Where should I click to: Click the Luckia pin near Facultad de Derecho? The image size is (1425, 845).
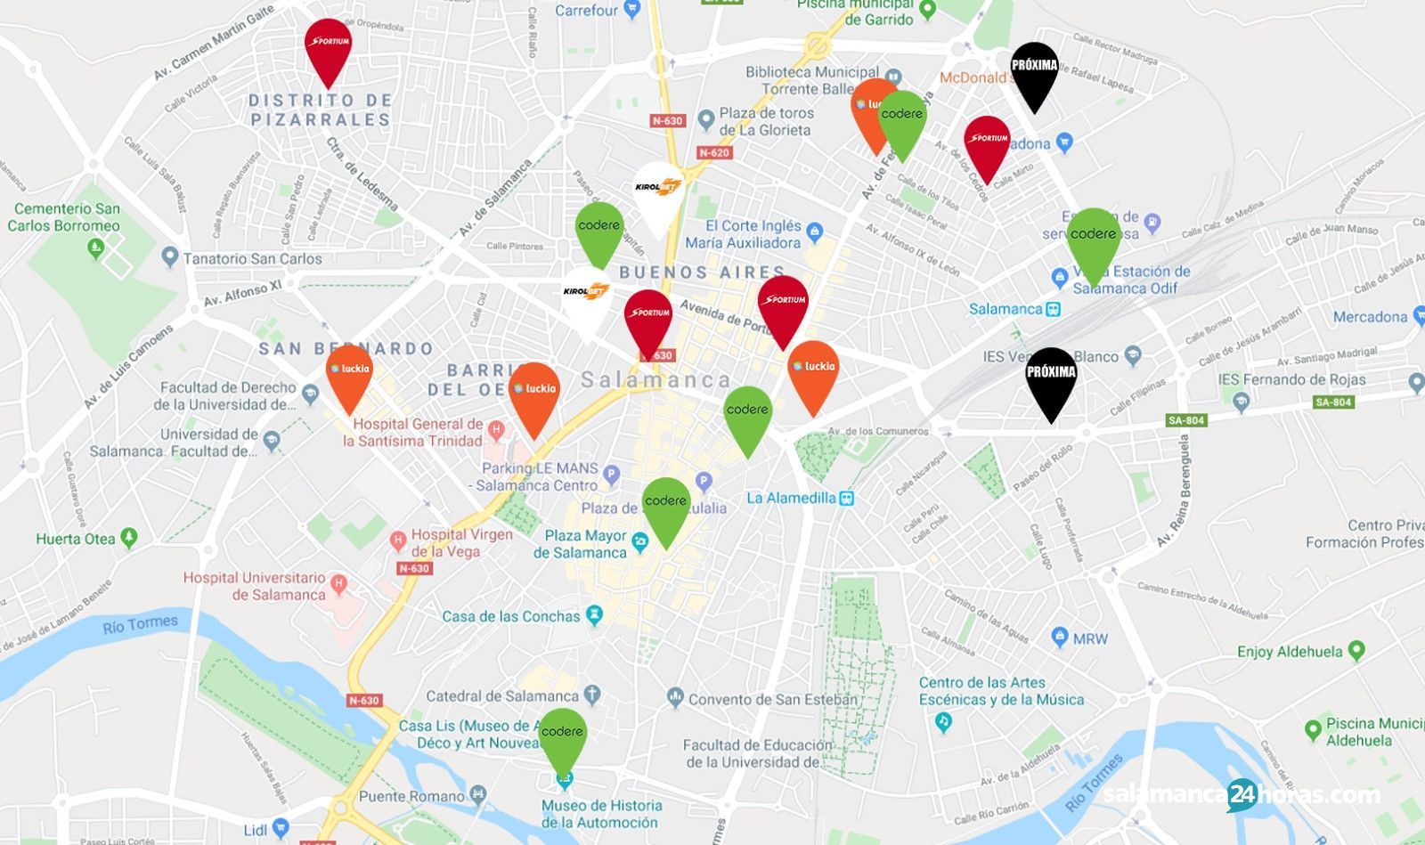pyautogui.click(x=349, y=373)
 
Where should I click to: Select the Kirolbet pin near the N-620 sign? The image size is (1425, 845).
pyautogui.click(x=658, y=191)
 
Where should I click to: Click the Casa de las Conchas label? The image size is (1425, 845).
pyautogui.click(x=511, y=616)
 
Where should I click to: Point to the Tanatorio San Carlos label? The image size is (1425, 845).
pyautogui.click(x=252, y=259)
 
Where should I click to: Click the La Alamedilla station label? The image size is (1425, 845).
pyautogui.click(x=791, y=498)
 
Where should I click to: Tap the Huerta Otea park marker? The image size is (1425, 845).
pyautogui.click(x=129, y=538)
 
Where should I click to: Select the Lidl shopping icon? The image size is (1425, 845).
pyautogui.click(x=281, y=828)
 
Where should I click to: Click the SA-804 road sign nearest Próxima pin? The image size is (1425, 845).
pyautogui.click(x=1185, y=420)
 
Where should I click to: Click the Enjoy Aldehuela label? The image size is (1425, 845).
pyautogui.click(x=1289, y=652)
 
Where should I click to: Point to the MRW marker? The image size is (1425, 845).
pyautogui.click(x=1060, y=638)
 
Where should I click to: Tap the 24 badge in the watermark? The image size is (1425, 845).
pyautogui.click(x=1242, y=795)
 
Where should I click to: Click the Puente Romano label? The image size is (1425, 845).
pyautogui.click(x=411, y=796)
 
